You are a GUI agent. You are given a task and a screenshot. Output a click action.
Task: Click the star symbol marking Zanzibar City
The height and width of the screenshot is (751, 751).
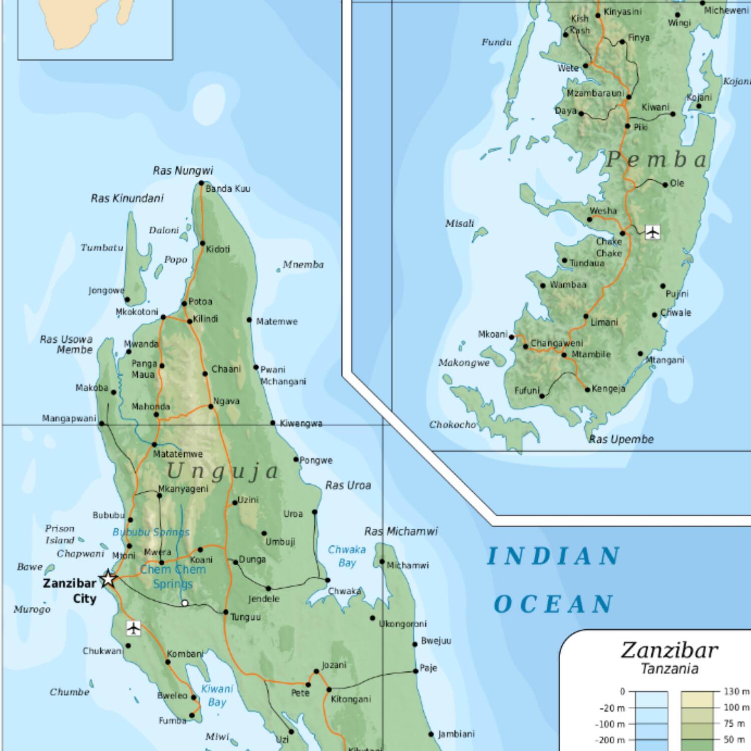(108, 579)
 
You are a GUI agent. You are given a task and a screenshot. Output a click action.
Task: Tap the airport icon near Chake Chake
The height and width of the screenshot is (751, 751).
(652, 232)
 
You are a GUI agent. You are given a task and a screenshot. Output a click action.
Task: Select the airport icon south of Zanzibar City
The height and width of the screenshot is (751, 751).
(133, 627)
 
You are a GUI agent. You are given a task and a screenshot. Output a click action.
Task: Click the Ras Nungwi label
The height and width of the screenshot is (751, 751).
(183, 171)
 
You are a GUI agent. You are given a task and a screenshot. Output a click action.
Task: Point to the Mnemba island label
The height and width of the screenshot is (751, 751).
(303, 264)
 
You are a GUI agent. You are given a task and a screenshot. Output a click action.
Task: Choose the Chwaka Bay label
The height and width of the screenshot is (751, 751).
(346, 556)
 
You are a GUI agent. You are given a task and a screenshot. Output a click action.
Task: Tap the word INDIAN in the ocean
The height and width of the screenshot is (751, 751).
(554, 556)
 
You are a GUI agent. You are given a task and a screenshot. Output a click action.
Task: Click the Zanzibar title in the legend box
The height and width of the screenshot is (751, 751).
(669, 650)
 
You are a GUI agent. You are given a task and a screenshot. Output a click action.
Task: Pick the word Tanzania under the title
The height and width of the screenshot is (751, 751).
(669, 669)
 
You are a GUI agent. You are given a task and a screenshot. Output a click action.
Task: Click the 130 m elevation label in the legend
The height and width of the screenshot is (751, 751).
(736, 691)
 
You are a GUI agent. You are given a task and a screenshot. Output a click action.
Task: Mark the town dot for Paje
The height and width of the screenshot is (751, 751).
(416, 671)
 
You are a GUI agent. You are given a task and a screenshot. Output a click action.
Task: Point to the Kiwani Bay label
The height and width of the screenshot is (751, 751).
(217, 695)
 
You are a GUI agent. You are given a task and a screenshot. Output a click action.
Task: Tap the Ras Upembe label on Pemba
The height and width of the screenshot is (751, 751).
(621, 439)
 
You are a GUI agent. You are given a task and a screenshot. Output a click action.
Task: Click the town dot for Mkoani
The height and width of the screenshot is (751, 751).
(512, 337)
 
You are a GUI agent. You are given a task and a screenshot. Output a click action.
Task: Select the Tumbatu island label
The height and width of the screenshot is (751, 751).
(102, 247)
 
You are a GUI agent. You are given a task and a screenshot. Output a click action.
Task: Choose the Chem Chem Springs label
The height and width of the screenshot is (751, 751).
(173, 576)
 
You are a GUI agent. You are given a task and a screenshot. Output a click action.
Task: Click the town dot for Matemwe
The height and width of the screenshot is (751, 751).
(249, 319)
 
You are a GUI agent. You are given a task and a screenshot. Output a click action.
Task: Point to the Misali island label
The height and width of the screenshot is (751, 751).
(459, 223)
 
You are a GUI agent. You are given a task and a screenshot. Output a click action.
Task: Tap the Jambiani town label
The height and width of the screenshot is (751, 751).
(456, 734)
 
